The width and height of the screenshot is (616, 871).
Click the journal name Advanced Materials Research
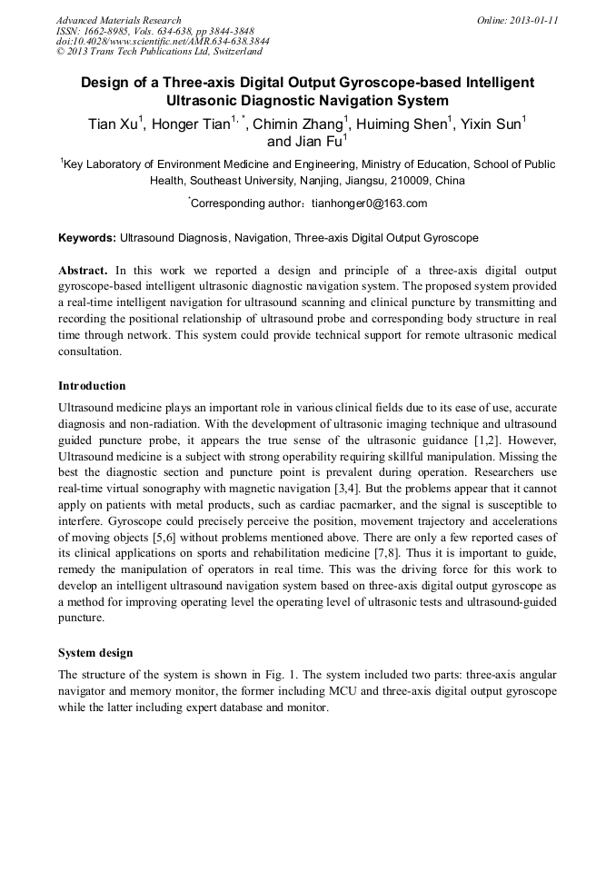coord(118,20)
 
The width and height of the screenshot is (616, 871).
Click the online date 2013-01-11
coord(532,20)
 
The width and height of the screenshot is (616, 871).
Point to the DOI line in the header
coord(162,42)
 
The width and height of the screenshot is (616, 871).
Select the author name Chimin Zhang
coord(301,124)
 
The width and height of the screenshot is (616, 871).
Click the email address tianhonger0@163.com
coord(369,203)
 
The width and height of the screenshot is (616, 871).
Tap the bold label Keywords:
coord(87,238)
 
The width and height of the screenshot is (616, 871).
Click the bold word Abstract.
coord(83,271)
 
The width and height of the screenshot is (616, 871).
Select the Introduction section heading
coord(92,386)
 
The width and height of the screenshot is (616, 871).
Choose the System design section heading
coord(95,653)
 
